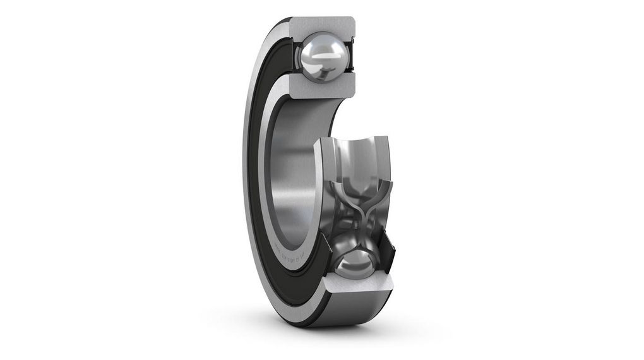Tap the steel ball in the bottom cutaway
pyautogui.click(x=354, y=259)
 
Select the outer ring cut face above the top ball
pyautogui.click(x=322, y=25)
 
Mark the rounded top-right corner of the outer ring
pyautogui.click(x=351, y=20)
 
